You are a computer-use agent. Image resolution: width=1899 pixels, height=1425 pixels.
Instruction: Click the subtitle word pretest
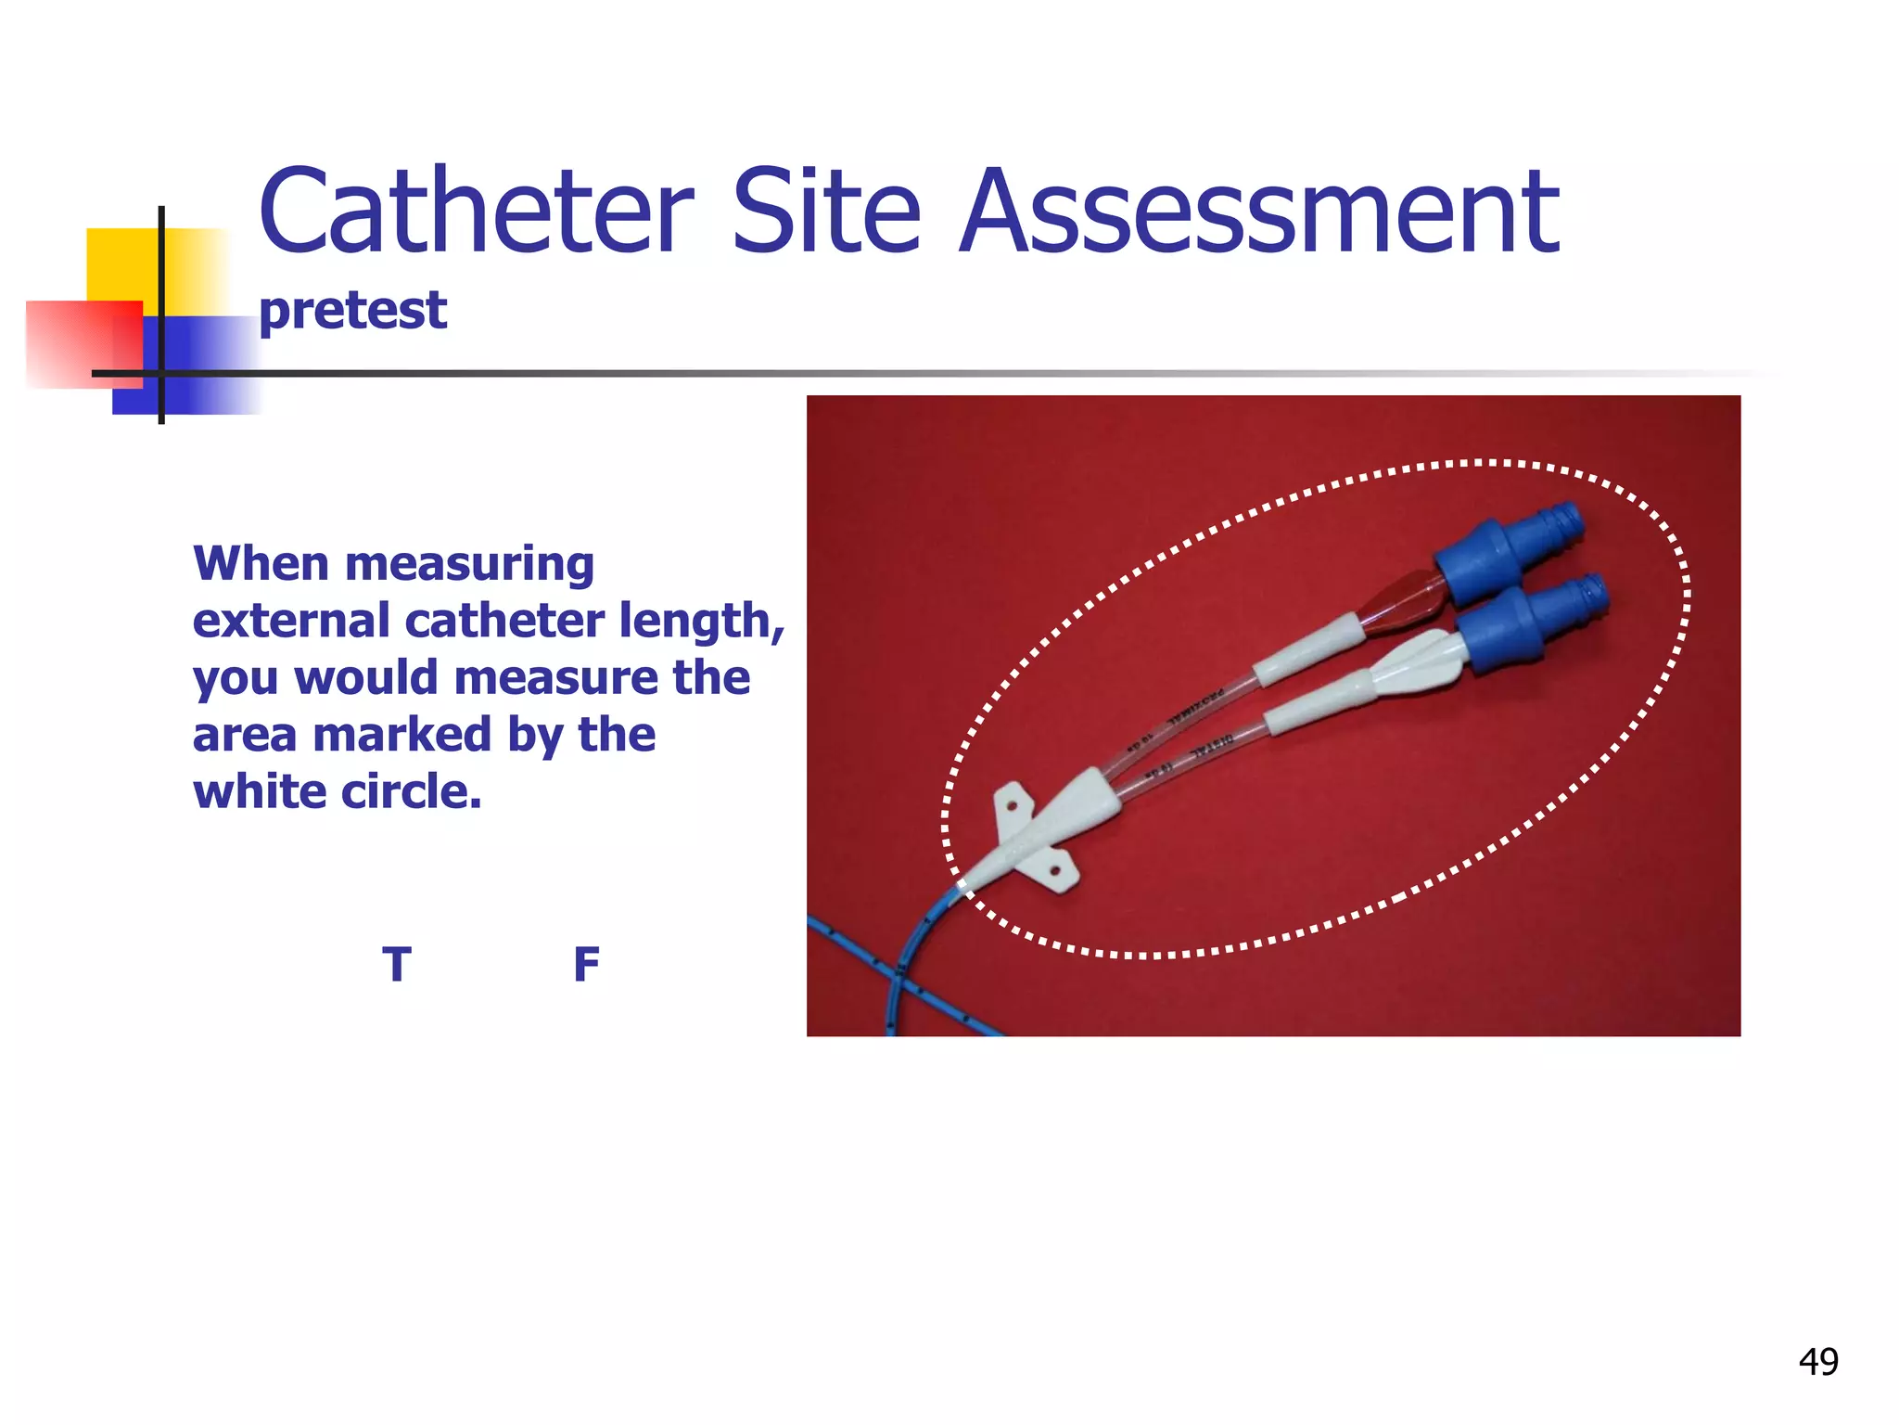point(352,311)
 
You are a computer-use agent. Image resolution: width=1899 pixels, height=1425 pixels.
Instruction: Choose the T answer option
point(397,965)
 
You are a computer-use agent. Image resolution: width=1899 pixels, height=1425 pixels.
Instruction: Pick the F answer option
point(586,965)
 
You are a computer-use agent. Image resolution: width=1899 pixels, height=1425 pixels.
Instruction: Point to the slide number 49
point(1817,1361)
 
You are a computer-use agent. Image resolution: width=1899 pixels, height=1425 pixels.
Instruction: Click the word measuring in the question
point(469,565)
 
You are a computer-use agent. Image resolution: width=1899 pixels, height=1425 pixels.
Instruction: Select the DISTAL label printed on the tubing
point(1212,745)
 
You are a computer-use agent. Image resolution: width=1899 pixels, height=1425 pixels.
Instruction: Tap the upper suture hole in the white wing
point(1012,807)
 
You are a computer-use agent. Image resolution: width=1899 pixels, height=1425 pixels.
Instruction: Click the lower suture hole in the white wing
point(1055,870)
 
